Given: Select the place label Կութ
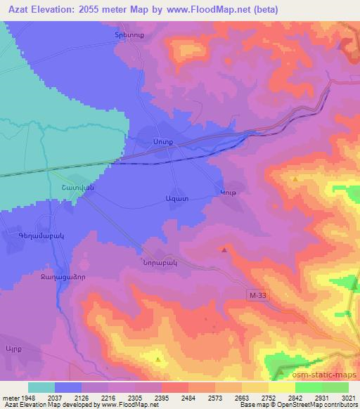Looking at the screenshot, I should pos(229,193).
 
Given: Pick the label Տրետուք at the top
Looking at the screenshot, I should pos(129,34).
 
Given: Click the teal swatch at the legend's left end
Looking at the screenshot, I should pos(41,387).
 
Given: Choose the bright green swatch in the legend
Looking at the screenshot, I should pos(309,387).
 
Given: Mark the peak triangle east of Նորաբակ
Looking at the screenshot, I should pos(224,249).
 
